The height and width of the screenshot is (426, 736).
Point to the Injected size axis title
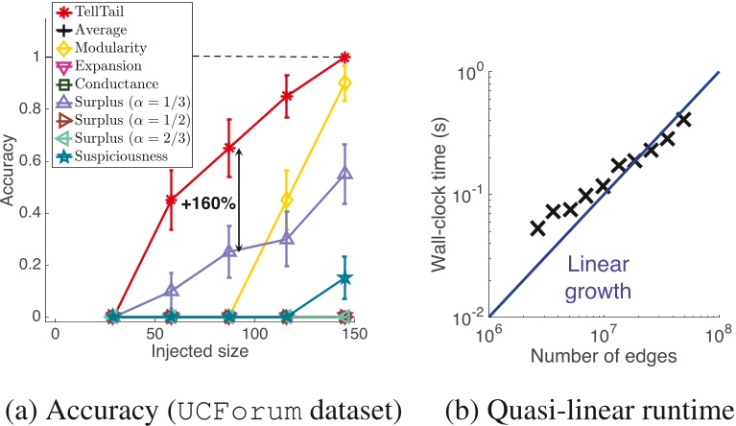click(202, 351)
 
